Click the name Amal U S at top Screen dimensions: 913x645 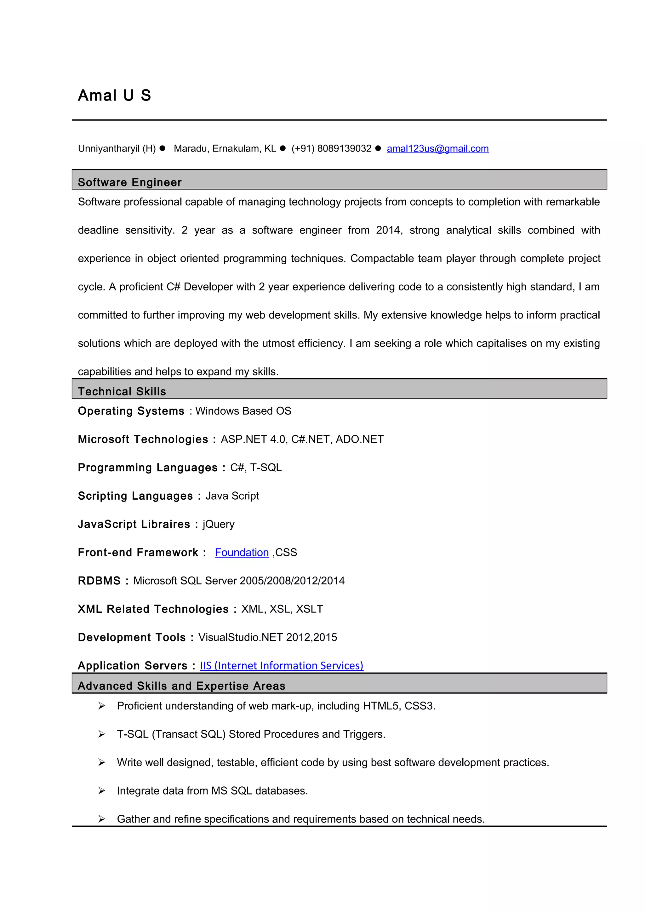pos(114,95)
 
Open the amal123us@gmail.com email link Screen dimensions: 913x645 pos(437,149)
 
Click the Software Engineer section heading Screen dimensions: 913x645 pos(129,182)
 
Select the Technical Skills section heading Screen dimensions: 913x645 pos(122,391)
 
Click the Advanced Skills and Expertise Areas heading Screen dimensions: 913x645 pos(182,686)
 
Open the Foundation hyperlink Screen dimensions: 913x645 pos(242,552)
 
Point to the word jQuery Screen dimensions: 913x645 pos(218,524)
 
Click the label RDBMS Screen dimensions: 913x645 pos(99,581)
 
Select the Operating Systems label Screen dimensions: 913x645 pos(131,411)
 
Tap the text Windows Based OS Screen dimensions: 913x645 pos(243,411)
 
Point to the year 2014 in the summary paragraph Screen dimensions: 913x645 pos(388,230)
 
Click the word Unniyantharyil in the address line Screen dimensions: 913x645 pos(108,149)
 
